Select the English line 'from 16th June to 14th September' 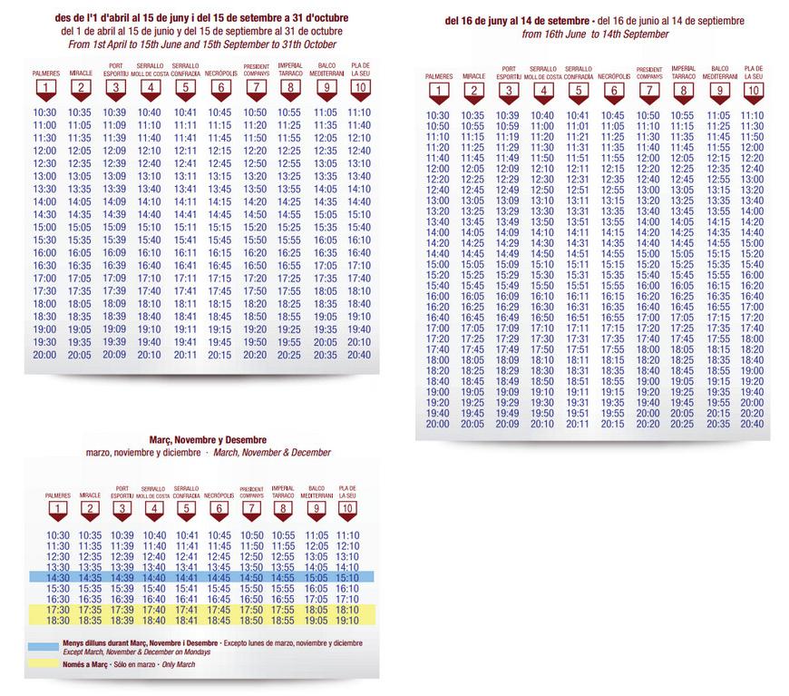(x=595, y=34)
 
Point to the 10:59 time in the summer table (x=508, y=126)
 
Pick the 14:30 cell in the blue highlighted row (x=57, y=576)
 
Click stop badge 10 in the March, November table (x=347, y=508)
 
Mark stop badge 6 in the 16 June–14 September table (x=613, y=89)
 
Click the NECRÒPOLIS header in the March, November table (x=219, y=495)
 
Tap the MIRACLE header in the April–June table (x=80, y=74)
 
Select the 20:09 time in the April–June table (x=114, y=355)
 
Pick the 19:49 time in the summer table (x=508, y=413)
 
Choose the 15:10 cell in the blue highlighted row (x=347, y=576)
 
